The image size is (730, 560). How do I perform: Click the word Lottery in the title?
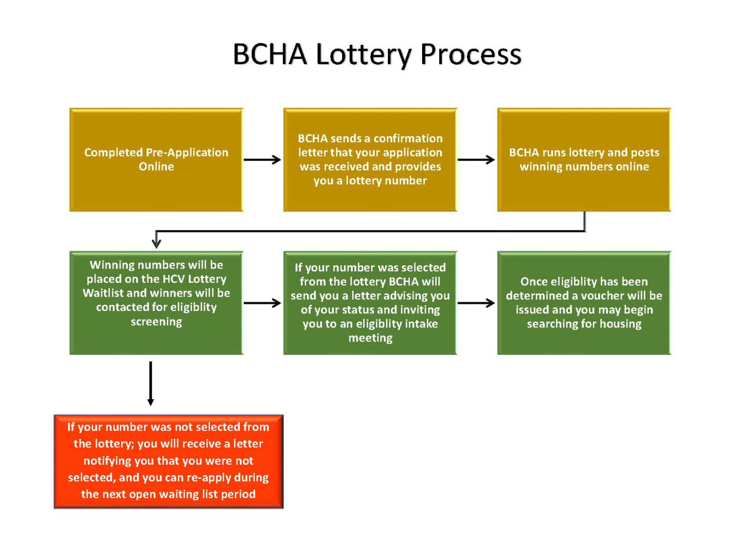pyautogui.click(x=364, y=54)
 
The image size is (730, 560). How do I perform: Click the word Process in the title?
pyautogui.click(x=471, y=54)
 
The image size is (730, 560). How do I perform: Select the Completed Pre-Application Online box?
pyautogui.click(x=156, y=160)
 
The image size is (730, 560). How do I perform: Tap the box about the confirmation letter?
pyautogui.click(x=370, y=160)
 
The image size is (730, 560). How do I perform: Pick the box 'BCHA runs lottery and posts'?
pyautogui.click(x=584, y=160)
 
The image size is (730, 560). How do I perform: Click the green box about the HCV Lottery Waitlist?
pyautogui.click(x=156, y=303)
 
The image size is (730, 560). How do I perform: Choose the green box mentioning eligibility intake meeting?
pyautogui.click(x=370, y=303)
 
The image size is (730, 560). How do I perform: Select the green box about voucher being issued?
pyautogui.click(x=584, y=303)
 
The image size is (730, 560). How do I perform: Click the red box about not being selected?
pyautogui.click(x=168, y=461)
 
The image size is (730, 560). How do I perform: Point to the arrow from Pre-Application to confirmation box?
pyautogui.click(x=262, y=160)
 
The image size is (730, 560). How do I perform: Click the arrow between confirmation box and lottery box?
pyautogui.click(x=476, y=160)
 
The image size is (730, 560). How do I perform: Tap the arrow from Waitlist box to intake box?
pyautogui.click(x=262, y=303)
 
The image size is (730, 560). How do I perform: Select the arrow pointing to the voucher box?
pyautogui.click(x=476, y=303)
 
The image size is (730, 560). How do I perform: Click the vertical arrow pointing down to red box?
pyautogui.click(x=151, y=383)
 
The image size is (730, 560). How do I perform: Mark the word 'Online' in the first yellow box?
pyautogui.click(x=156, y=167)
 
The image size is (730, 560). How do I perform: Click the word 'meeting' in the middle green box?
pyautogui.click(x=370, y=338)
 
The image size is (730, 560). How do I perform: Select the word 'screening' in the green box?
pyautogui.click(x=156, y=322)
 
